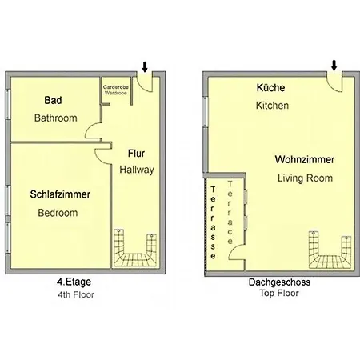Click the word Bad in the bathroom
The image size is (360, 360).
[54, 101]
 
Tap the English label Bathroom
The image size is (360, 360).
[55, 118]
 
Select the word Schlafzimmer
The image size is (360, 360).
[60, 194]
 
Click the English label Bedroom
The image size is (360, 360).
[58, 213]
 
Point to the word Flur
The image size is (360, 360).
[136, 153]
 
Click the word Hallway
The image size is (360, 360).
[136, 170]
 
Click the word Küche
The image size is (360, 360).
[271, 88]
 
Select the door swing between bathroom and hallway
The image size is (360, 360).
[94, 132]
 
